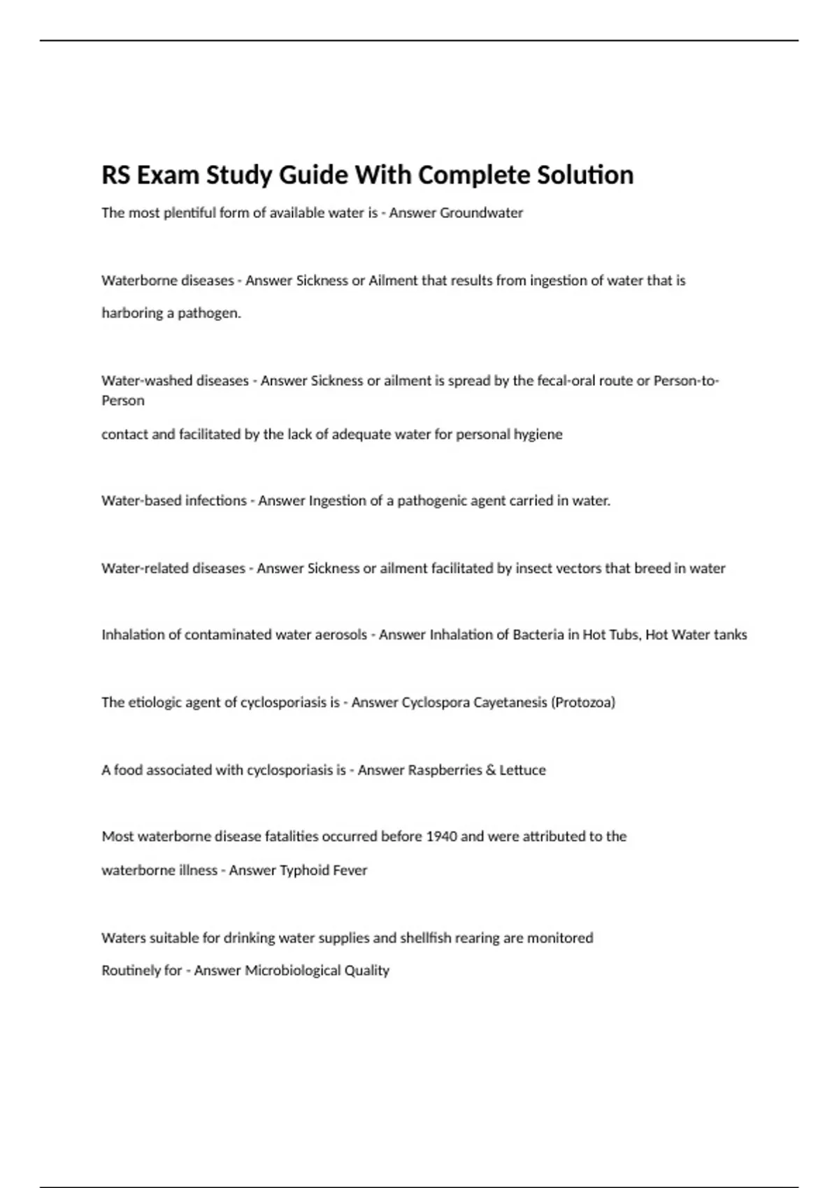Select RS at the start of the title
(x=115, y=175)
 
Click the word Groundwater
(x=481, y=212)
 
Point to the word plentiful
(x=189, y=212)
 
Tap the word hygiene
(x=538, y=435)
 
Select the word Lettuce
(x=522, y=770)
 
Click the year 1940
(x=441, y=836)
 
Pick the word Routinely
(x=131, y=971)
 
